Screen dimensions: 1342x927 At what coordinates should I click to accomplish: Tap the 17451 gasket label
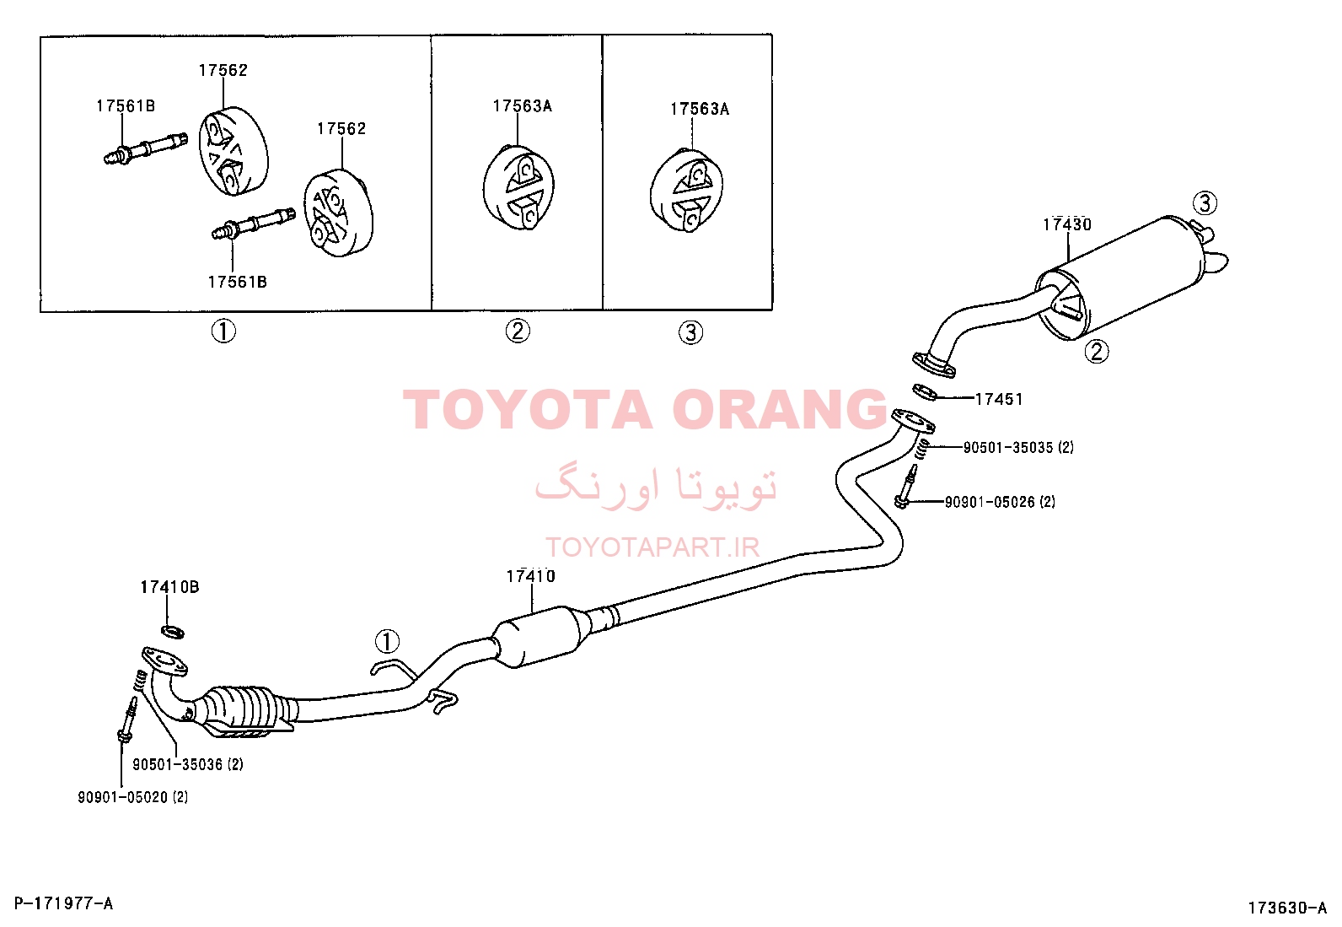click(x=999, y=399)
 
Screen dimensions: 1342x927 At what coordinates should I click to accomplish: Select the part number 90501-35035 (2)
click(x=1018, y=447)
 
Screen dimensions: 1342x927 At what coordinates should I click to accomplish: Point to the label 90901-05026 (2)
click(x=1000, y=502)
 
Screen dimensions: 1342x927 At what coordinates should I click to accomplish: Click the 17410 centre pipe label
click(x=531, y=576)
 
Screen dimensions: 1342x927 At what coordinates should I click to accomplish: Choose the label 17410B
click(x=169, y=587)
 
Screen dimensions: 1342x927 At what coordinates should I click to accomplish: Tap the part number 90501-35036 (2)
click(x=187, y=764)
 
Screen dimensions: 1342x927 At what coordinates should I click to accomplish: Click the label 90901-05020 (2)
click(x=132, y=797)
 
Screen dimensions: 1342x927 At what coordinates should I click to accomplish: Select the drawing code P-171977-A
click(x=63, y=903)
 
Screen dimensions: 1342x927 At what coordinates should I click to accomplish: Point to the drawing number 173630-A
click(x=1287, y=908)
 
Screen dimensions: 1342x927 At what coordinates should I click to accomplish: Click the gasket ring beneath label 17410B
click(x=173, y=632)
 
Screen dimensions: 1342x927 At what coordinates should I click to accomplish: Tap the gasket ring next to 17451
click(x=926, y=393)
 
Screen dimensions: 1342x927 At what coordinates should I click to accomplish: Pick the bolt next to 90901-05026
click(x=906, y=487)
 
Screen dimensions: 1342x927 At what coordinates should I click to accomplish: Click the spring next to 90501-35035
click(x=925, y=449)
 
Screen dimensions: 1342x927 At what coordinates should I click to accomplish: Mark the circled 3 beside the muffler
click(x=1205, y=202)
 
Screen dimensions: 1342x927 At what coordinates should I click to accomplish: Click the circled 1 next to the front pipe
click(x=387, y=641)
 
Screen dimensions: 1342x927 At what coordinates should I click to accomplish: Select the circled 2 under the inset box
click(x=518, y=331)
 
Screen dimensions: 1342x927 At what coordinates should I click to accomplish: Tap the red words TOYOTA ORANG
click(x=645, y=409)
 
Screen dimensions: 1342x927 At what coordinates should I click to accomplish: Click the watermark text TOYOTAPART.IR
click(x=652, y=547)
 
